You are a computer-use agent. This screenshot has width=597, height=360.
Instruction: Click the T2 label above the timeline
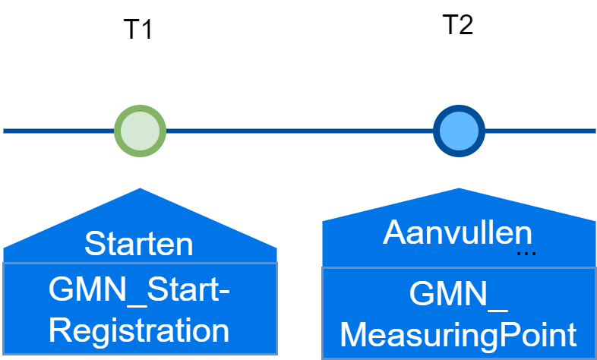(x=457, y=25)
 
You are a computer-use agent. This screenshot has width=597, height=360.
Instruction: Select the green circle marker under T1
(x=140, y=131)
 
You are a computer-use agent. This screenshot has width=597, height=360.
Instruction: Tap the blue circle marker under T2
(x=459, y=131)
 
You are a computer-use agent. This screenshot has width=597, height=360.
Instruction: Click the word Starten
(x=139, y=245)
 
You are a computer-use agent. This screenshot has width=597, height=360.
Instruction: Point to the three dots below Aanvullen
(x=526, y=253)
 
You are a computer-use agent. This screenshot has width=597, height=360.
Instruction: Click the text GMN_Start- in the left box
(x=139, y=290)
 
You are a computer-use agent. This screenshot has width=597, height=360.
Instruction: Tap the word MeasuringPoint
(x=459, y=334)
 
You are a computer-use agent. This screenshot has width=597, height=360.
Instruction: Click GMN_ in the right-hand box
(x=459, y=295)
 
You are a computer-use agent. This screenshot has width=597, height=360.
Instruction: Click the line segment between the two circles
(x=299, y=131)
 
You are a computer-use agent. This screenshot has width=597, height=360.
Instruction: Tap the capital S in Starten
(x=94, y=245)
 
